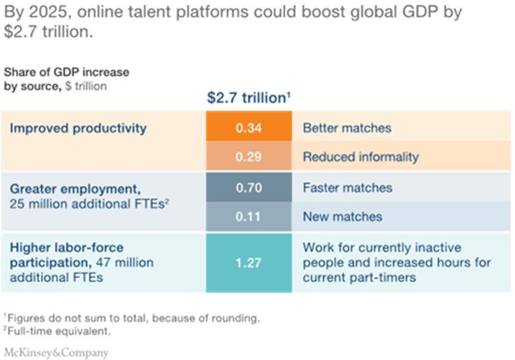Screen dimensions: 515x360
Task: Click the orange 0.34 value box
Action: click(249, 126)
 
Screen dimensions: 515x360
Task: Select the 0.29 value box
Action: click(249, 156)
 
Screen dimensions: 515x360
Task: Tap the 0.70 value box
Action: click(249, 187)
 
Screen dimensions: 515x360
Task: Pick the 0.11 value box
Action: click(249, 216)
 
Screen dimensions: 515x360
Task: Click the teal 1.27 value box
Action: click(249, 263)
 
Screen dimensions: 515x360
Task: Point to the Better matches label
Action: click(347, 128)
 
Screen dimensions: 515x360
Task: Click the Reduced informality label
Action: click(361, 157)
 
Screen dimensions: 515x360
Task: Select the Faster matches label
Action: click(348, 188)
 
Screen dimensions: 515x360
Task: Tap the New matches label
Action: click(343, 216)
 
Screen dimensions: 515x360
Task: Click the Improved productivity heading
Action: click(78, 128)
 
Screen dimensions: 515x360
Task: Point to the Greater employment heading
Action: click(75, 189)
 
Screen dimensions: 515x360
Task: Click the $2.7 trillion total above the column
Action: click(249, 98)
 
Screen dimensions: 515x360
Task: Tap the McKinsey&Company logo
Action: click(56, 352)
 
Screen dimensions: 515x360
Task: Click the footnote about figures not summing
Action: click(131, 318)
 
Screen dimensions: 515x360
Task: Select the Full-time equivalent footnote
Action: click(57, 331)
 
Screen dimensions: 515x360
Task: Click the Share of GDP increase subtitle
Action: click(67, 72)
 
